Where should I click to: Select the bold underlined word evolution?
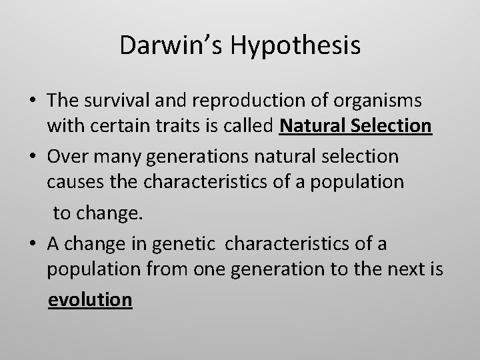tap(90, 299)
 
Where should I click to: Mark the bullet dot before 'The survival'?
tap(33, 101)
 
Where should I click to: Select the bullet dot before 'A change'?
tap(33, 245)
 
